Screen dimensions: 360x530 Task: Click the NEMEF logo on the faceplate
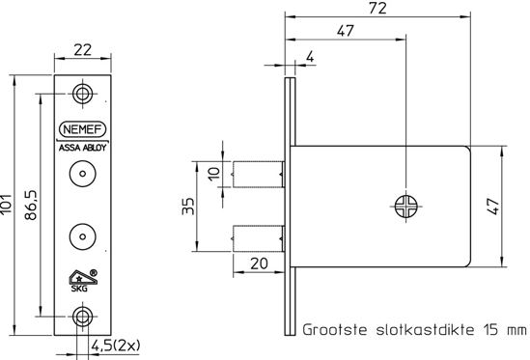click(84, 128)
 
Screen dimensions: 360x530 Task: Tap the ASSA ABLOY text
click(84, 148)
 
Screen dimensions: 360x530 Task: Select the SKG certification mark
click(78, 277)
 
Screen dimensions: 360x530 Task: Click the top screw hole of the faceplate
click(84, 94)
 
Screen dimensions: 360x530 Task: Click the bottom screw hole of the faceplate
click(84, 316)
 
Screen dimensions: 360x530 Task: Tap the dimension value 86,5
click(32, 205)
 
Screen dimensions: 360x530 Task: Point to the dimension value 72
click(378, 9)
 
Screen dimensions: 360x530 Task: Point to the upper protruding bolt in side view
click(259, 177)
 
